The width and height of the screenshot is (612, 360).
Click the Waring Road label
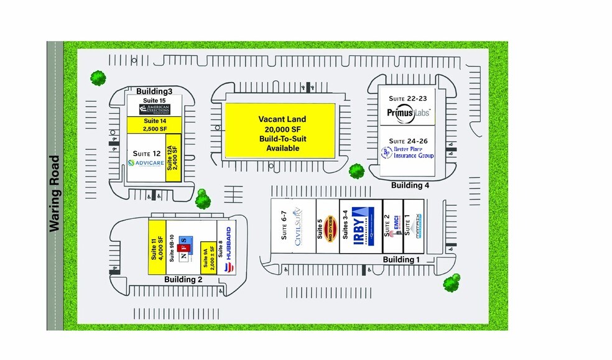[55, 193]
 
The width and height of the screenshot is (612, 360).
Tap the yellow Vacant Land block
[279, 131]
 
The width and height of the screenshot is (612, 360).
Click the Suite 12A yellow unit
[173, 157]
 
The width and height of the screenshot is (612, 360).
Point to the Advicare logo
[146, 163]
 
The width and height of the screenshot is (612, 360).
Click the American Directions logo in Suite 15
[154, 108]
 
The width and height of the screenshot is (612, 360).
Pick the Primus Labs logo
[407, 113]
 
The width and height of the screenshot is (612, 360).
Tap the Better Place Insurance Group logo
[407, 152]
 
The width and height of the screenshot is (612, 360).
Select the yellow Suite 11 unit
[156, 247]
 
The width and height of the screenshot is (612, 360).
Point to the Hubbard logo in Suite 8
[226, 249]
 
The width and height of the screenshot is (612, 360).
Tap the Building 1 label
[401, 259]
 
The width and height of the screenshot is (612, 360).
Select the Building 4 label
[410, 185]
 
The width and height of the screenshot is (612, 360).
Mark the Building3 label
[154, 91]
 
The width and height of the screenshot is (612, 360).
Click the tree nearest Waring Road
[98, 78]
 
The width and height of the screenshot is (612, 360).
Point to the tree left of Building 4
[356, 171]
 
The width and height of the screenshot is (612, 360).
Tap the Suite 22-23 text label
[407, 98]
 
